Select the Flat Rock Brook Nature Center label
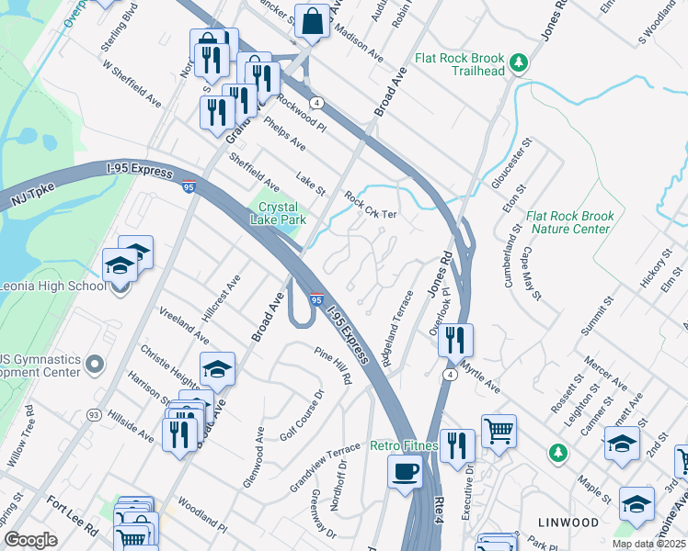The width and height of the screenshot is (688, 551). point(570,223)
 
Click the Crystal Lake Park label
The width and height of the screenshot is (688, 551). point(281,214)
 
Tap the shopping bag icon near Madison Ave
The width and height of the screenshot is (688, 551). point(313,20)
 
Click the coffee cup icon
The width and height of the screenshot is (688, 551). point(405,473)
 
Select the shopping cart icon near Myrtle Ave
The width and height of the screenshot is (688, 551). point(499,429)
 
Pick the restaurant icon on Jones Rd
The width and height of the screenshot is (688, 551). point(455,340)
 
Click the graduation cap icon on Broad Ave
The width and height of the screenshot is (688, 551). point(217,369)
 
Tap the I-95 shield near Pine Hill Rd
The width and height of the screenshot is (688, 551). point(315,300)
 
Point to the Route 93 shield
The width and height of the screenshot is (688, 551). point(94,416)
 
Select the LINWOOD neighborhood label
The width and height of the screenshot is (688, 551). point(564,523)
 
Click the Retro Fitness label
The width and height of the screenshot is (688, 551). point(403,446)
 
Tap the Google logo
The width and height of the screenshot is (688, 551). point(30,540)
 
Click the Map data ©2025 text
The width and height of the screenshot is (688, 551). point(649,544)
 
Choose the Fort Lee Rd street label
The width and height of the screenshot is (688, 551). point(73,515)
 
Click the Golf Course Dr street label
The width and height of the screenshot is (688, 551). point(303,414)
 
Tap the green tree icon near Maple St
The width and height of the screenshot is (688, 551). point(557,453)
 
